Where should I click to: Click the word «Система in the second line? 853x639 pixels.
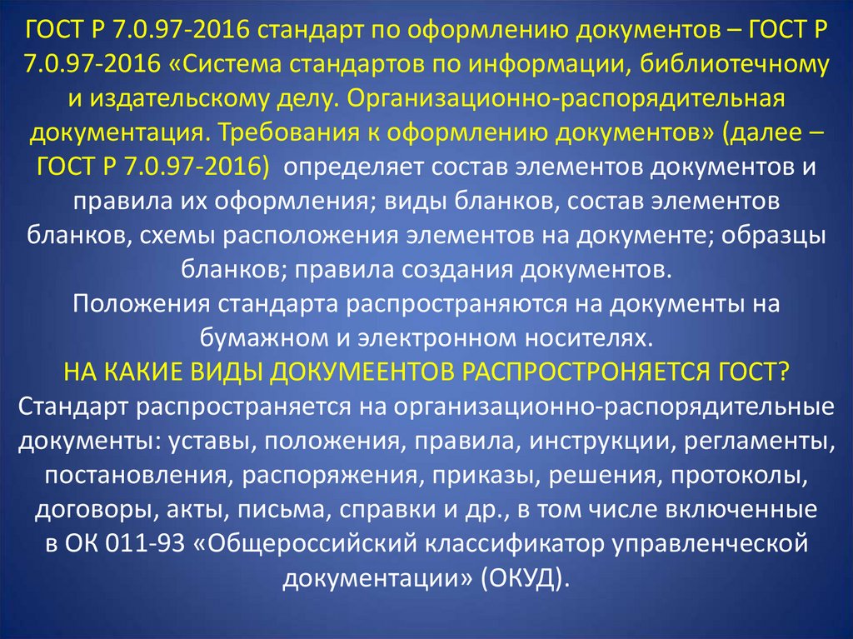point(229,64)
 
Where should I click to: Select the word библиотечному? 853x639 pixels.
point(734,65)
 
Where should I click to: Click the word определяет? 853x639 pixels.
point(352,167)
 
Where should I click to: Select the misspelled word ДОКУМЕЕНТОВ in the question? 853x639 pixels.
point(362,372)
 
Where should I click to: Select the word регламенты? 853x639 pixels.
point(759,441)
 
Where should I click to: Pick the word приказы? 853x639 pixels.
point(485,475)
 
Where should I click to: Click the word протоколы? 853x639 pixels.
point(739,475)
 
